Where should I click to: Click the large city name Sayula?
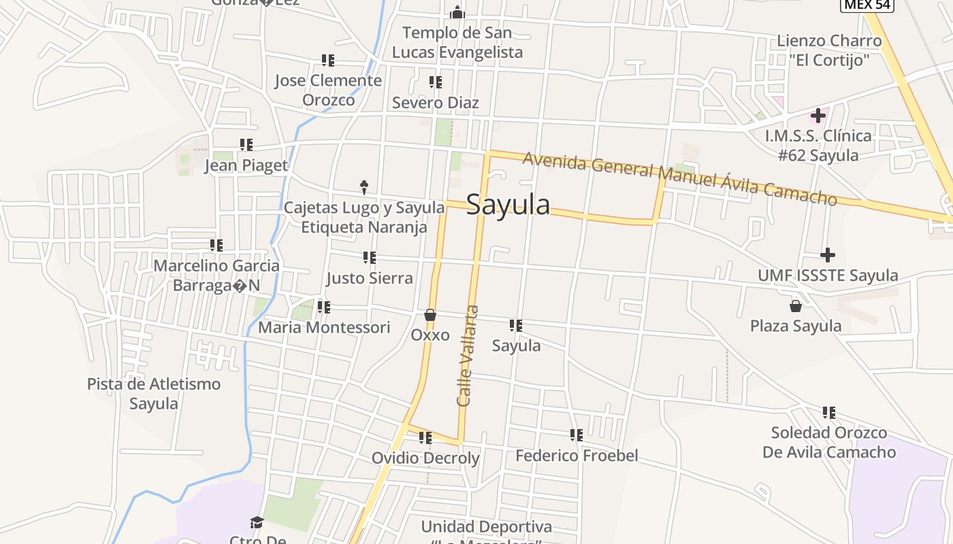pyautogui.click(x=508, y=204)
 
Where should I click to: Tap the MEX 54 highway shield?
pyautogui.click(x=867, y=5)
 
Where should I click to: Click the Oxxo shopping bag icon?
pyautogui.click(x=430, y=315)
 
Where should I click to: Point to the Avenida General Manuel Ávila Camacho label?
pyautogui.click(x=679, y=178)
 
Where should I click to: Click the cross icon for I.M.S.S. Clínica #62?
pyautogui.click(x=818, y=116)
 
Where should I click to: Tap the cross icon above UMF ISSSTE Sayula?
pyautogui.click(x=828, y=255)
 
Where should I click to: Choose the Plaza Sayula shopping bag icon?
pyautogui.click(x=795, y=306)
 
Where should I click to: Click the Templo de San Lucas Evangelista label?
pyautogui.click(x=457, y=42)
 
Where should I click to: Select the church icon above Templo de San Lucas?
pyautogui.click(x=457, y=12)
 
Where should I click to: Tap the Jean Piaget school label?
pyautogui.click(x=246, y=165)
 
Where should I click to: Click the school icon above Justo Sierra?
pyautogui.click(x=369, y=258)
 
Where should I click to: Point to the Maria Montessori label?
pyautogui.click(x=324, y=327)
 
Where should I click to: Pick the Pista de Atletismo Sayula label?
pyautogui.click(x=154, y=393)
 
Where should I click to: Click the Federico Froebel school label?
pyautogui.click(x=577, y=455)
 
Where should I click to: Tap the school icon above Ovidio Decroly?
pyautogui.click(x=425, y=438)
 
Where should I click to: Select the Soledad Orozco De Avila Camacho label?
pyautogui.click(x=828, y=442)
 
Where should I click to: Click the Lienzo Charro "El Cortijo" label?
pyautogui.click(x=829, y=50)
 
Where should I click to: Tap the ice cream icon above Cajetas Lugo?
pyautogui.click(x=364, y=186)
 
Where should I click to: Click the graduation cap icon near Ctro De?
pyautogui.click(x=257, y=522)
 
